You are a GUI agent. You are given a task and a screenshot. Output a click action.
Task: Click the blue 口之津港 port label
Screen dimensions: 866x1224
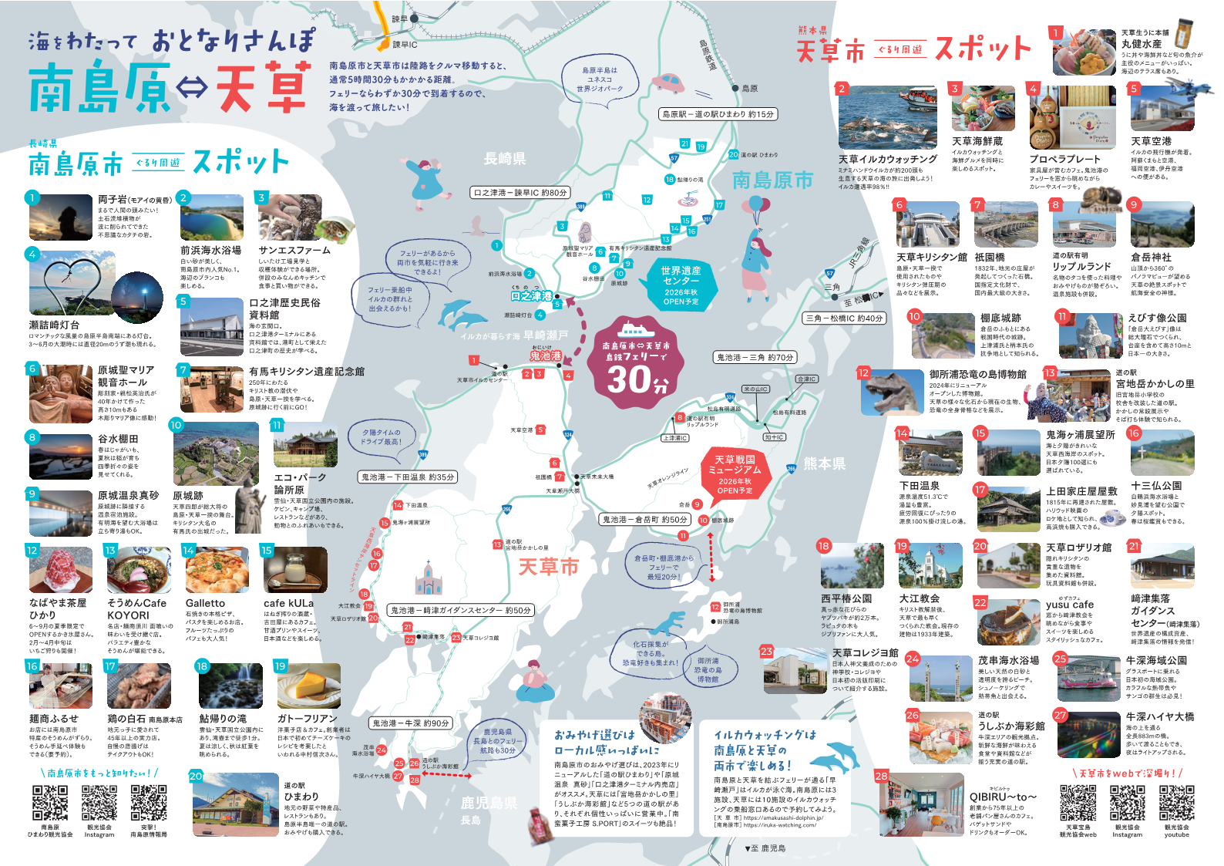pyautogui.click(x=532, y=296)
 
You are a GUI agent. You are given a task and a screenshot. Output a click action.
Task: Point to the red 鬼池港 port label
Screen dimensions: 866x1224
pyautogui.click(x=546, y=355)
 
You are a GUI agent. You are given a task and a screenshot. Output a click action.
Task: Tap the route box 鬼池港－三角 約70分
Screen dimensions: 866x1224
pyautogui.click(x=755, y=357)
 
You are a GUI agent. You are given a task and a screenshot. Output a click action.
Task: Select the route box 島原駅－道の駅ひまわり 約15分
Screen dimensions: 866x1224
pyautogui.click(x=718, y=114)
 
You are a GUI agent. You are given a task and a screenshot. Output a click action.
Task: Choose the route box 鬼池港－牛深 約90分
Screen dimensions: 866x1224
pyautogui.click(x=411, y=723)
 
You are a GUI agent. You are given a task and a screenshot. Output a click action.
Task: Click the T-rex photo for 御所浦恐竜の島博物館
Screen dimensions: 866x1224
pyautogui.click(x=890, y=391)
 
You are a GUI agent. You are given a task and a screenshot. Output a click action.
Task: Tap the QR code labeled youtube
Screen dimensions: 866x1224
pyautogui.click(x=1176, y=803)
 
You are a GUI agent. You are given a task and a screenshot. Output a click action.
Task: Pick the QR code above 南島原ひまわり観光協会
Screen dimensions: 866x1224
pyautogui.click(x=50, y=804)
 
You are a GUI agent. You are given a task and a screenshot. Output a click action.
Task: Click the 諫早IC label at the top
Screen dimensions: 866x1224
pyautogui.click(x=405, y=45)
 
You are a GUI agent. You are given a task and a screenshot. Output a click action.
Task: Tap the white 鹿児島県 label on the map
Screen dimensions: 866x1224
pyautogui.click(x=489, y=803)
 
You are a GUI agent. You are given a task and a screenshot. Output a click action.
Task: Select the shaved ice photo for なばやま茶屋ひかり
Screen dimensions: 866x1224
pyautogui.click(x=61, y=569)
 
